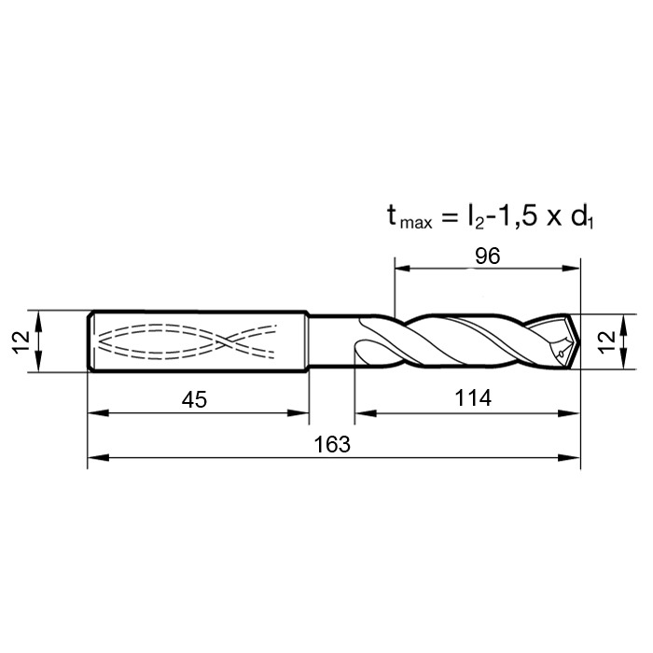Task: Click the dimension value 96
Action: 487,257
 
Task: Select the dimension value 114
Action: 473,397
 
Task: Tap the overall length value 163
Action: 332,444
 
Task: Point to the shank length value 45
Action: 194,400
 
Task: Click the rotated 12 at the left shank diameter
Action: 21,342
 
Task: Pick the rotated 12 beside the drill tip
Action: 606,341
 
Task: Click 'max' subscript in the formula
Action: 416,223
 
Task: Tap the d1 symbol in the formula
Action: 582,216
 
